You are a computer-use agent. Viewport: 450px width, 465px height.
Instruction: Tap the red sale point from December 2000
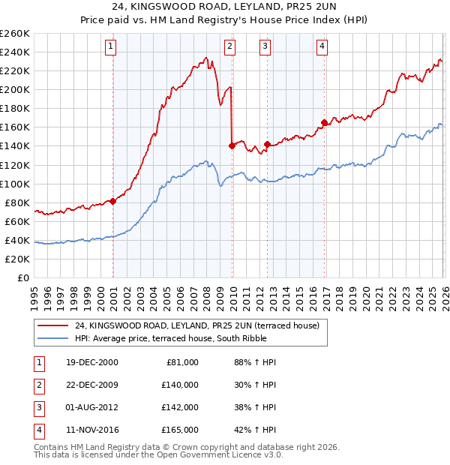coord(113,201)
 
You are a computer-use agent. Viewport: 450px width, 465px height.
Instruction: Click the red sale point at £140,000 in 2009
coord(232,145)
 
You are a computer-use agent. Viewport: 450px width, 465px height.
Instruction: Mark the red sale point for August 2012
coord(267,144)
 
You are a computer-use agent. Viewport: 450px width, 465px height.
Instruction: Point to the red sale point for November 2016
coord(324,122)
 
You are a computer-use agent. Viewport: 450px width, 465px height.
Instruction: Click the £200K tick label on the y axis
coord(15,89)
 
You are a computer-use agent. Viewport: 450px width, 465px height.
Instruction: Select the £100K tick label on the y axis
coord(15,184)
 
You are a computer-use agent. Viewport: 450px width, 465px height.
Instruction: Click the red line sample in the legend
coord(52,325)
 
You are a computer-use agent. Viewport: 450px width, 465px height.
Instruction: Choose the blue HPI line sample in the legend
coord(52,338)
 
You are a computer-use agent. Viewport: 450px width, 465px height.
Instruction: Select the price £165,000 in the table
coord(180,430)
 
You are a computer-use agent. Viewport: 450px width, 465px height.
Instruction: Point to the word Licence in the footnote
coord(224,454)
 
